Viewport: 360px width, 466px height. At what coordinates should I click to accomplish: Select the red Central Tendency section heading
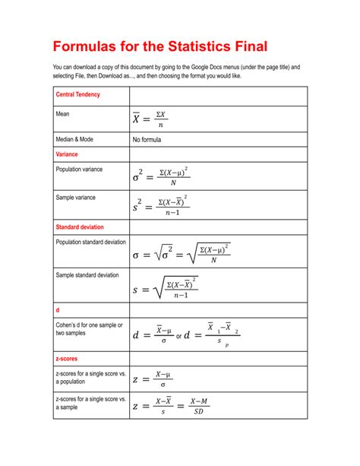(x=78, y=95)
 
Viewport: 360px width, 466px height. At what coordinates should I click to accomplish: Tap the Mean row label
(x=63, y=114)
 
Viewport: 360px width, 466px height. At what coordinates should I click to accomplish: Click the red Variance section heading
(x=67, y=154)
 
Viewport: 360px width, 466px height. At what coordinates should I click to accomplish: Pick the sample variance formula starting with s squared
(x=160, y=205)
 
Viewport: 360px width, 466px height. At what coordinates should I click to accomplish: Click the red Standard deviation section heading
(x=80, y=227)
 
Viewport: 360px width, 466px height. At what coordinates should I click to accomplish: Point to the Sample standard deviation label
(x=87, y=274)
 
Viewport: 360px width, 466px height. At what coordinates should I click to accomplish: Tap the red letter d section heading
(x=58, y=310)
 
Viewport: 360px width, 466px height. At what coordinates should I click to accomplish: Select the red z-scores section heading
(x=67, y=357)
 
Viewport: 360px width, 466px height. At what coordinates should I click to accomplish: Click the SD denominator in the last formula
(x=200, y=413)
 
